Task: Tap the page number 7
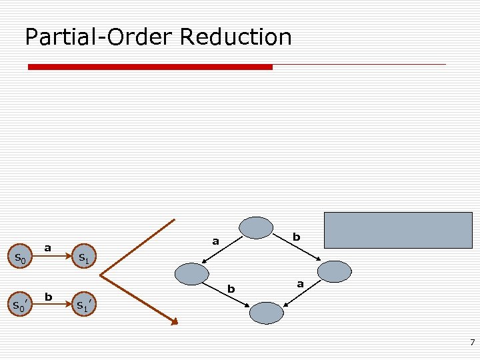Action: point(472,343)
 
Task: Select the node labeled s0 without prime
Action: point(20,258)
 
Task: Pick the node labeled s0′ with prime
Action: point(20,306)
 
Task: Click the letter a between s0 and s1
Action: point(48,247)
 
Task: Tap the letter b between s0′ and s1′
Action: point(48,295)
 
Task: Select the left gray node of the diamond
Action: point(192,273)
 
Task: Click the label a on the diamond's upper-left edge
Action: point(215,241)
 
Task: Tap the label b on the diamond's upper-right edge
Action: point(297,237)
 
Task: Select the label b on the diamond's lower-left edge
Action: point(231,289)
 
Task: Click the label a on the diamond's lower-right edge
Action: point(301,284)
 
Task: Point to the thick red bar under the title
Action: point(150,67)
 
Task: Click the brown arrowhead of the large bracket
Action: point(175,323)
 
